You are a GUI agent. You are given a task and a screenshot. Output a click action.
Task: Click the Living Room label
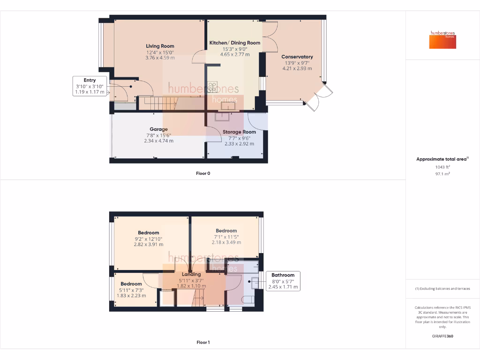coord(160,46)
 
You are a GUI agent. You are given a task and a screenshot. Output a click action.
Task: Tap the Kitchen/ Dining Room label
coord(235,43)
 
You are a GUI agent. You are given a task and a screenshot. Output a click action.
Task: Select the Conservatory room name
coord(297,57)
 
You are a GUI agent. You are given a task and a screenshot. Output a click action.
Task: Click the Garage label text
coord(158,129)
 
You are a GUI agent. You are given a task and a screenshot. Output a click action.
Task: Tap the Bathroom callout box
coord(283,281)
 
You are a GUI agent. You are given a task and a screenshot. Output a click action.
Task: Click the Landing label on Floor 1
coord(191,274)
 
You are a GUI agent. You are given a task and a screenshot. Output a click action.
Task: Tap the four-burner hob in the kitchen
coord(212,87)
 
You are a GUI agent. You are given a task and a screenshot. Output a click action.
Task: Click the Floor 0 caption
coord(203,173)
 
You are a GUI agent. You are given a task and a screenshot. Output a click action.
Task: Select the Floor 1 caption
coord(203,342)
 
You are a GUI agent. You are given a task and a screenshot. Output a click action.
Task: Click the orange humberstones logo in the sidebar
coord(442,40)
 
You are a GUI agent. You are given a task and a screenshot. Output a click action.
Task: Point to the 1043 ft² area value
coord(442,167)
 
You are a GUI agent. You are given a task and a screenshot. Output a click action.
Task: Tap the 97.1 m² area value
coord(442,173)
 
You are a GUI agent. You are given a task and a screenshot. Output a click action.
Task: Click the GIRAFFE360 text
coord(442,336)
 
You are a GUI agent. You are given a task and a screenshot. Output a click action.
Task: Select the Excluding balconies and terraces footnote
coord(442,288)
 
